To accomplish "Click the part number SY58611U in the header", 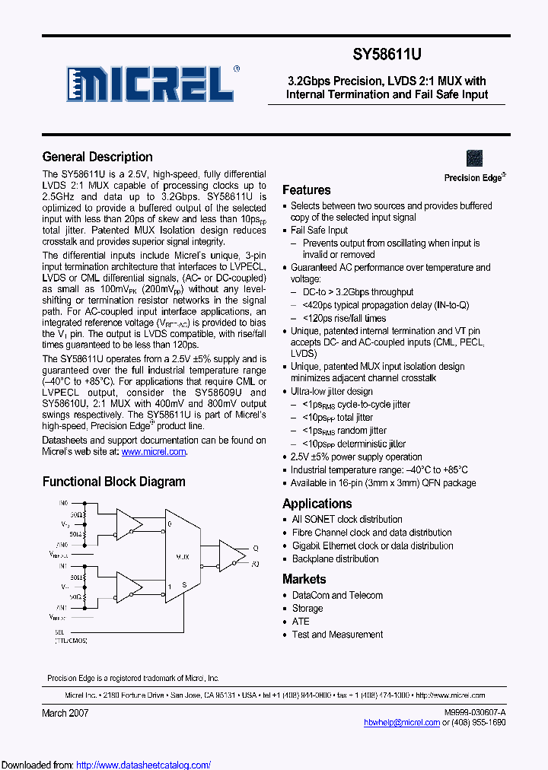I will point(386,55).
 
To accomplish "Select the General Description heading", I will point(97,157).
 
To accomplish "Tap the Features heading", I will point(306,190).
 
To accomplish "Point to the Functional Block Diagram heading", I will point(113,482).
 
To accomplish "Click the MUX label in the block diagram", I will point(184,558).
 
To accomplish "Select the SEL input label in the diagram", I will point(59,632).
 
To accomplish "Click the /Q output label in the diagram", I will point(255,564).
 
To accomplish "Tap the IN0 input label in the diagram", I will point(64,504).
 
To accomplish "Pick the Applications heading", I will point(317,504).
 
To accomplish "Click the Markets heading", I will point(304,579).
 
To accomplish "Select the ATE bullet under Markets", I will point(301,622).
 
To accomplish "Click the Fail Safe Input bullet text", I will point(319,230).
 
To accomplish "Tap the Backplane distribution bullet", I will point(335,558).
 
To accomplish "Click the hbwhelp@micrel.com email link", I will point(402,723).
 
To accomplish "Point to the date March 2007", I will point(65,713).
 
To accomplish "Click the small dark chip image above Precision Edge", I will point(474,158).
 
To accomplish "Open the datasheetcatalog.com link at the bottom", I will point(144,765).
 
